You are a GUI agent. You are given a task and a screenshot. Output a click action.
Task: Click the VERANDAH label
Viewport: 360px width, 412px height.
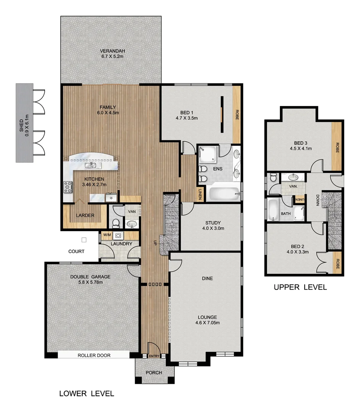click(112, 51)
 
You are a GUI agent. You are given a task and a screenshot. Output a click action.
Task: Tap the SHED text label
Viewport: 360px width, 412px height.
click(21, 123)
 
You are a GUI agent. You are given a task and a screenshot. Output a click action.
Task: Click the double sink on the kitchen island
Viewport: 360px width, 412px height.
click(91, 165)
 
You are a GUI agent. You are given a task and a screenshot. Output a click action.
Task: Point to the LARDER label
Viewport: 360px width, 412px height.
click(85, 216)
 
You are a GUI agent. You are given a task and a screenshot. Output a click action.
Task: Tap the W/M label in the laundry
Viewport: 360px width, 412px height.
click(107, 235)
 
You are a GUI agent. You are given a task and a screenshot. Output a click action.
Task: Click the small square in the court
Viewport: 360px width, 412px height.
click(84, 240)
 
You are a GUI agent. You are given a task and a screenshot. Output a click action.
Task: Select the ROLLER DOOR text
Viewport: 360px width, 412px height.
click(94, 356)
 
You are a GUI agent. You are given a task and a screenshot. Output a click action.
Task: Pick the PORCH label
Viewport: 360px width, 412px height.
click(154, 373)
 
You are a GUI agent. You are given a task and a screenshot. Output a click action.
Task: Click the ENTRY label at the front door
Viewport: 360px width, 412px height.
click(154, 356)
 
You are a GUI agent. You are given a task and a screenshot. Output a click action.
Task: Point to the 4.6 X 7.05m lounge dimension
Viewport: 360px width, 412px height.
click(207, 323)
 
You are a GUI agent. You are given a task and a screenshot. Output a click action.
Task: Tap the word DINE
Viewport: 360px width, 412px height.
click(207, 278)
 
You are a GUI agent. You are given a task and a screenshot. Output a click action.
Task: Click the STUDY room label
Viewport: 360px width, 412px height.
click(213, 223)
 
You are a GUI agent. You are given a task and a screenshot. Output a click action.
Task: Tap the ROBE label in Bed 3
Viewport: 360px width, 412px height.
click(337, 148)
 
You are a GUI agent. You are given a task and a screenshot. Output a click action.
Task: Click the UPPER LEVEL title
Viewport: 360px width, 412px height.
click(300, 287)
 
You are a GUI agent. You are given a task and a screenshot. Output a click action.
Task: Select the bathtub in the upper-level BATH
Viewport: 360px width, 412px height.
click(273, 210)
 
